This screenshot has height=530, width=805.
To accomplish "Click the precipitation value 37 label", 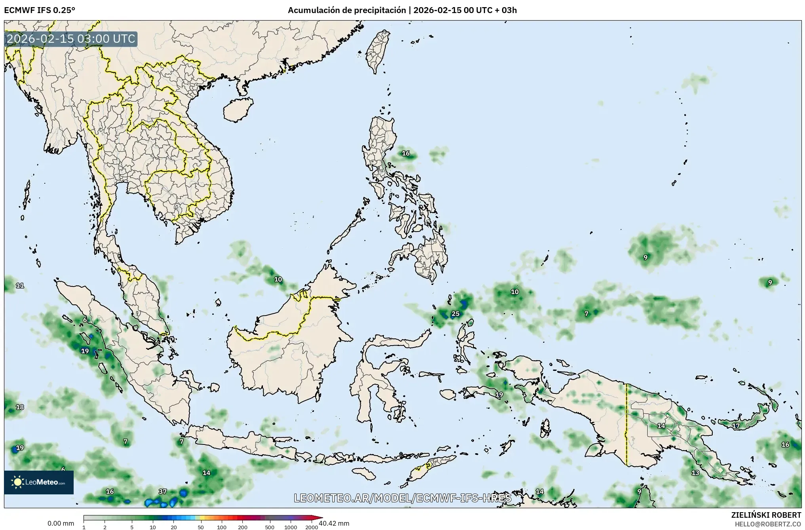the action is tap(163, 492).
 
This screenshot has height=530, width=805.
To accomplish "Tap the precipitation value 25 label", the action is tap(456, 314).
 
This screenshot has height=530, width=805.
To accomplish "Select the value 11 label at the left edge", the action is tap(20, 285).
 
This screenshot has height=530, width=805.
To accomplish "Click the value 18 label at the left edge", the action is tap(20, 407).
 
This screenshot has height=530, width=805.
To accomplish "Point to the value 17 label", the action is tap(736, 426).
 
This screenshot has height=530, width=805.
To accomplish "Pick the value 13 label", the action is tap(695, 473).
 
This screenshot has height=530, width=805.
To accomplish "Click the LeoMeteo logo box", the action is tap(39, 482).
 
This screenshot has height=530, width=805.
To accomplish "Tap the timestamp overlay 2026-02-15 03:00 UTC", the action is tap(71, 39).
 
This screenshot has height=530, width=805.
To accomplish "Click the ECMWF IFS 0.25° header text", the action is tap(39, 10).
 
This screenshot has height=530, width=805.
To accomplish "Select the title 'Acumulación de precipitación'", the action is tap(346, 10).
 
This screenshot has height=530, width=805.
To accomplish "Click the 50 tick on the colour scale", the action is tap(201, 527).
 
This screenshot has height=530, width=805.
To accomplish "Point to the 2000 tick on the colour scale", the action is tap(312, 527).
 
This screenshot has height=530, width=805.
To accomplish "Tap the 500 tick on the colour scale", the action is tap(270, 527).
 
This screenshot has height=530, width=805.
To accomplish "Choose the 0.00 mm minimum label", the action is tap(61, 523).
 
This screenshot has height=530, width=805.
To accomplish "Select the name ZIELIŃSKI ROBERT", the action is tap(766, 515).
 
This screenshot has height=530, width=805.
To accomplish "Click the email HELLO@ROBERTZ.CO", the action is tap(768, 524).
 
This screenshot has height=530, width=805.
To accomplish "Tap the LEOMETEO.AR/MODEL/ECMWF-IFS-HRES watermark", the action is tap(402, 498).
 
